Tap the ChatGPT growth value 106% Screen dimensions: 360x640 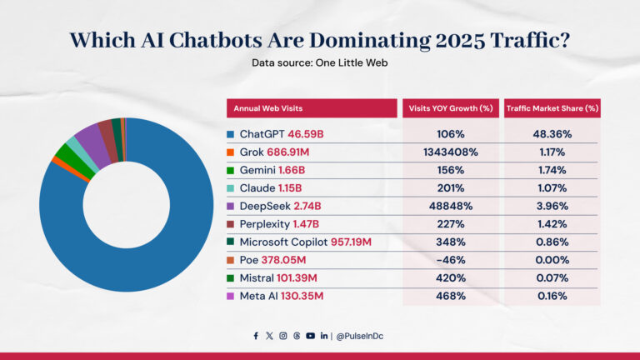(450, 134)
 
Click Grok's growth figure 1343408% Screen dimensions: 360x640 (450, 152)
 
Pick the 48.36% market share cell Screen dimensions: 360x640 (552, 134)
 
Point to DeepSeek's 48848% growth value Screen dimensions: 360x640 (450, 206)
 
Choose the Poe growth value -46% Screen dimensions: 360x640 (450, 260)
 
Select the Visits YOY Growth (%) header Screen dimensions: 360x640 (450, 108)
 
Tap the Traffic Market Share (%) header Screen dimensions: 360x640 (552, 108)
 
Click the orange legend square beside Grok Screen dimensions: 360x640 (231, 152)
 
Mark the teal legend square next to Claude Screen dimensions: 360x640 (231, 188)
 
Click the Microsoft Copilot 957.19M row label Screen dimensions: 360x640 (306, 242)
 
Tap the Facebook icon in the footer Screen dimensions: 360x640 (256, 336)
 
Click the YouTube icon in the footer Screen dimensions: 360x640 (310, 336)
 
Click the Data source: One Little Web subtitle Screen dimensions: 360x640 (320, 62)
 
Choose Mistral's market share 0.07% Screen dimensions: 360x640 (552, 277)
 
